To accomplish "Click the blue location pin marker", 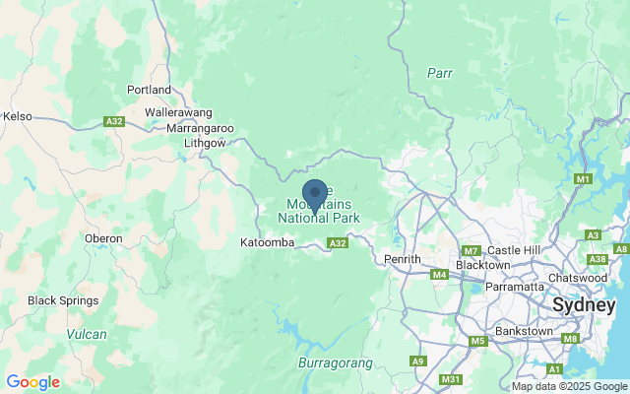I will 315,194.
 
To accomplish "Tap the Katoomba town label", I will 267,241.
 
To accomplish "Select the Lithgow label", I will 205,143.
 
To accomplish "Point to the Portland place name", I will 150,90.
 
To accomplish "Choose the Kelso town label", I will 18,116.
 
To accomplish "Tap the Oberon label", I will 103,238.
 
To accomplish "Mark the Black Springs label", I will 63,300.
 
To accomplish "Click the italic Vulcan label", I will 87,335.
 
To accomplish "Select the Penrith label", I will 402,259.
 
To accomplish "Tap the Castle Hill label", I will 515,251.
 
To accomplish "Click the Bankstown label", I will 526,331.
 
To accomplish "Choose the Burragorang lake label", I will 335,363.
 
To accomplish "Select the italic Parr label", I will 439,73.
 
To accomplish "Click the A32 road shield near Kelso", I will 114,122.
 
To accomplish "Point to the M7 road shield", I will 470,251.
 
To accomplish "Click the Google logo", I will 32,382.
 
